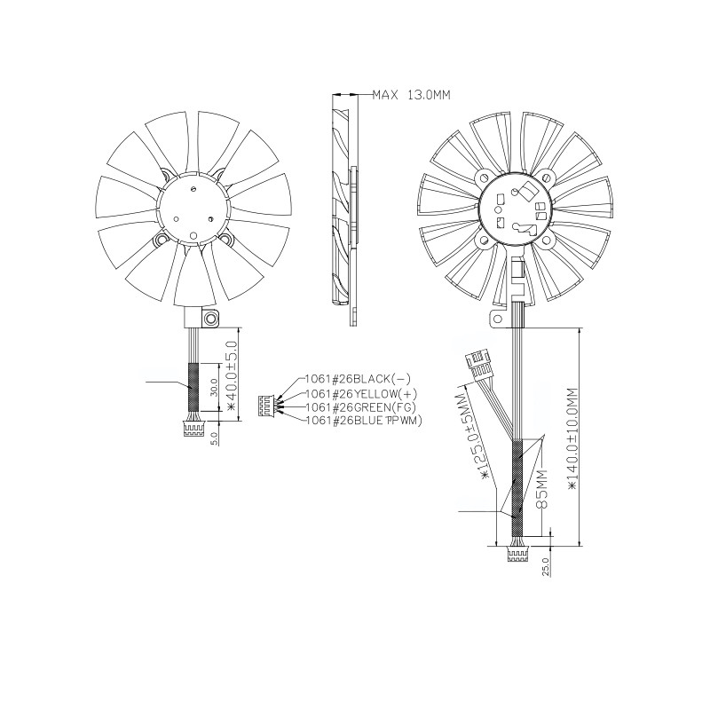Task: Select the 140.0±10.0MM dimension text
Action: pos(572,444)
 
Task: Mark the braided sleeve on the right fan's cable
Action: pos(517,484)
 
